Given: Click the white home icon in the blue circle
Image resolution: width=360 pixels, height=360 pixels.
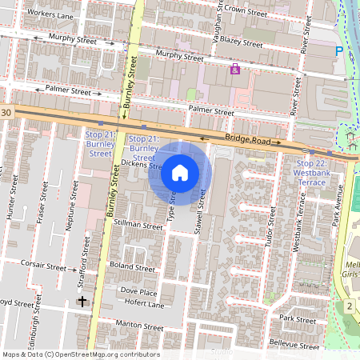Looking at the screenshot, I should point(180,173).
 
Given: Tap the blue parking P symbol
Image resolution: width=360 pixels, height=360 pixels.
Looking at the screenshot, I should point(338,50).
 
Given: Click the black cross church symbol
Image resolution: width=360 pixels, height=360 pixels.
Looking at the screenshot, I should point(82,301).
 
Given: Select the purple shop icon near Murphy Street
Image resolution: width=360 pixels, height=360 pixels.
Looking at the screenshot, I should point(234,70).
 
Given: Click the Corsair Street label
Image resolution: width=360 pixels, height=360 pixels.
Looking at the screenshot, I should point(45,266).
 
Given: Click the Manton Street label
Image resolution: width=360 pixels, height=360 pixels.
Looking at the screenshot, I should point(141,326).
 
